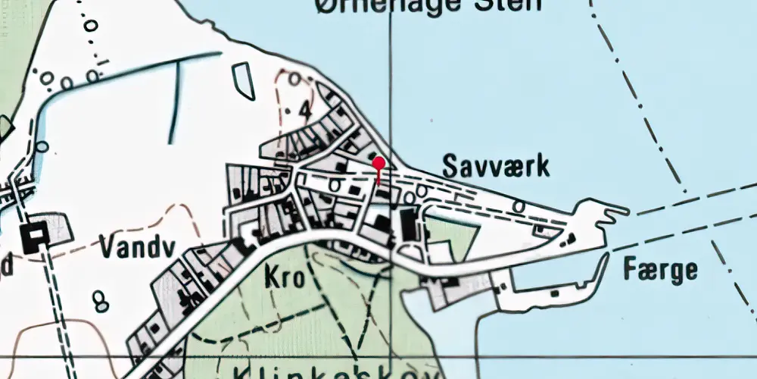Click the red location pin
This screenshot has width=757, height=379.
pos(378,162)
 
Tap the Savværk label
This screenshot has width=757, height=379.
pos(495,166)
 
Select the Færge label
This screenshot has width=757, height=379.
pos(659,269)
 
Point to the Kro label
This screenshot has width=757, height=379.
pos(284,277)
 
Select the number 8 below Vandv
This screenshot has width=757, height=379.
pos(100,301)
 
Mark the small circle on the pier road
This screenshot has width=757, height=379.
pos(519,205)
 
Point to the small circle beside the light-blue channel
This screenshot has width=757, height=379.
pos(42,146)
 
